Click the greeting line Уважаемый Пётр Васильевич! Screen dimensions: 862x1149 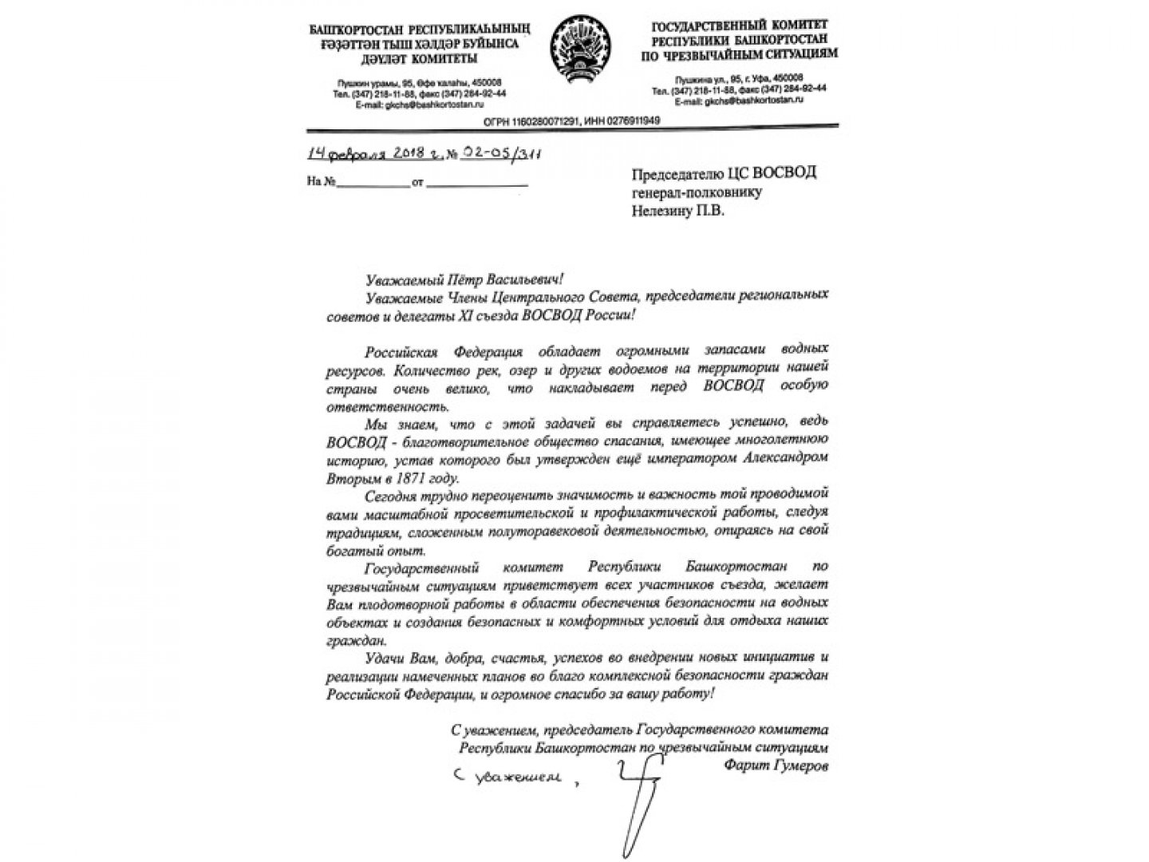point(463,279)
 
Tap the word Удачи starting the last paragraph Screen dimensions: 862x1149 point(382,658)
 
